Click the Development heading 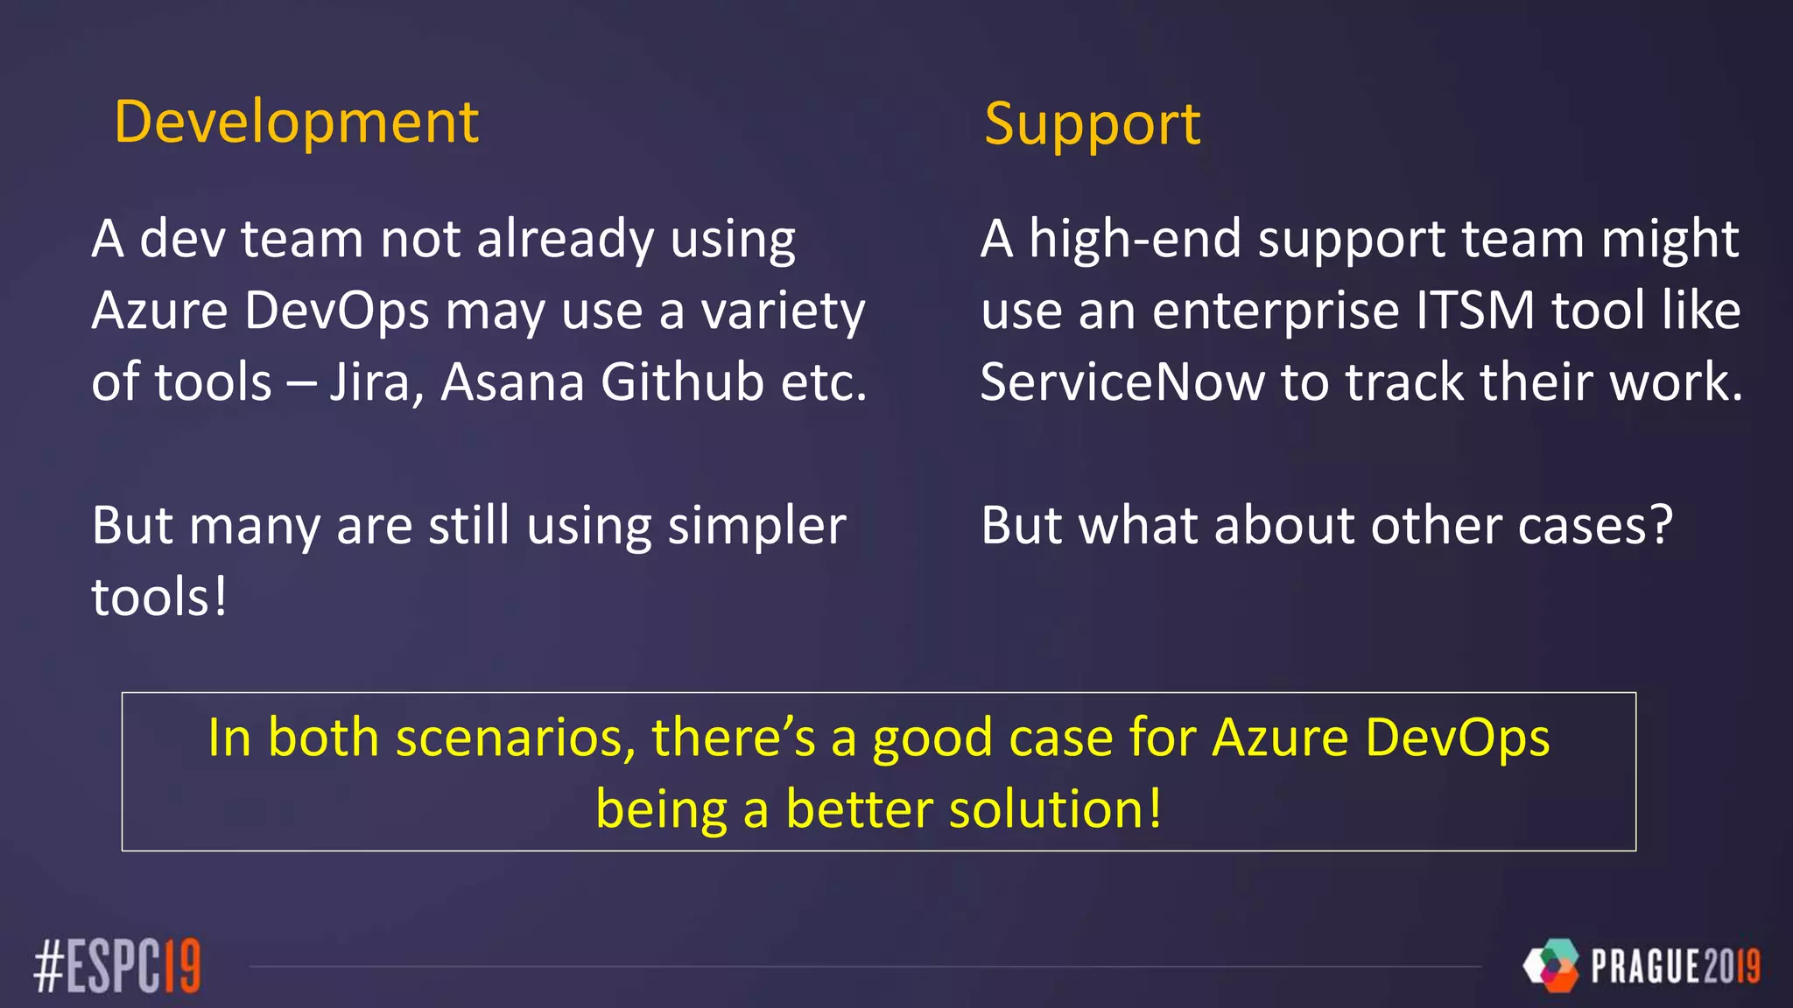296,122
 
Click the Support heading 1092,125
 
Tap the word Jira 370,382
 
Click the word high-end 1135,239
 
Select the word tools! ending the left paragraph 159,598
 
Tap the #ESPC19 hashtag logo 117,966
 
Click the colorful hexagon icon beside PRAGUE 1551,965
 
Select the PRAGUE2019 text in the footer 1675,967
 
